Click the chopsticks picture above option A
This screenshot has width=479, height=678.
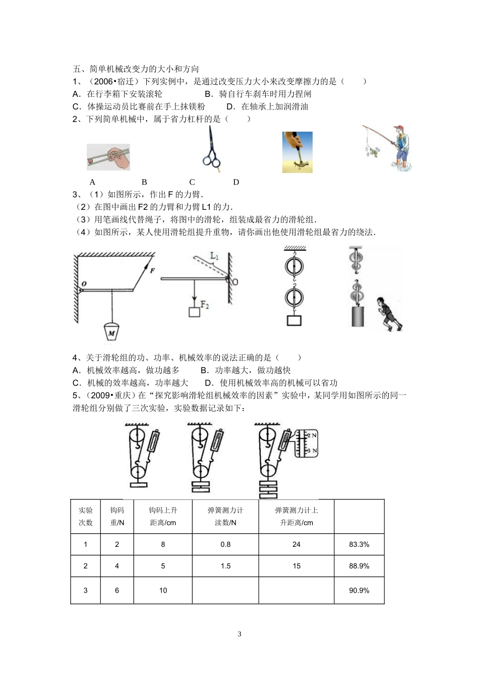(108, 156)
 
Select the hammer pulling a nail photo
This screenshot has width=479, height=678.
(297, 152)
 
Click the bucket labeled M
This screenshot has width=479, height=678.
(110, 331)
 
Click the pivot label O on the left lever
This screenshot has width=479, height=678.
(84, 284)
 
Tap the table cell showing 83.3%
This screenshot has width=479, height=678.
(359, 544)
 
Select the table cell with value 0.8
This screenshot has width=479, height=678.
(225, 544)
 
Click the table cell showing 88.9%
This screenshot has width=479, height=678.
(359, 566)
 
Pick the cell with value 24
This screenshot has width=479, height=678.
(296, 544)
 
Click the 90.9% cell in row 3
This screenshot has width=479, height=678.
(359, 590)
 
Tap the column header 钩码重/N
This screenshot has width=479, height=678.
(117, 516)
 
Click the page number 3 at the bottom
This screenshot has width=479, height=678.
(239, 634)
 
